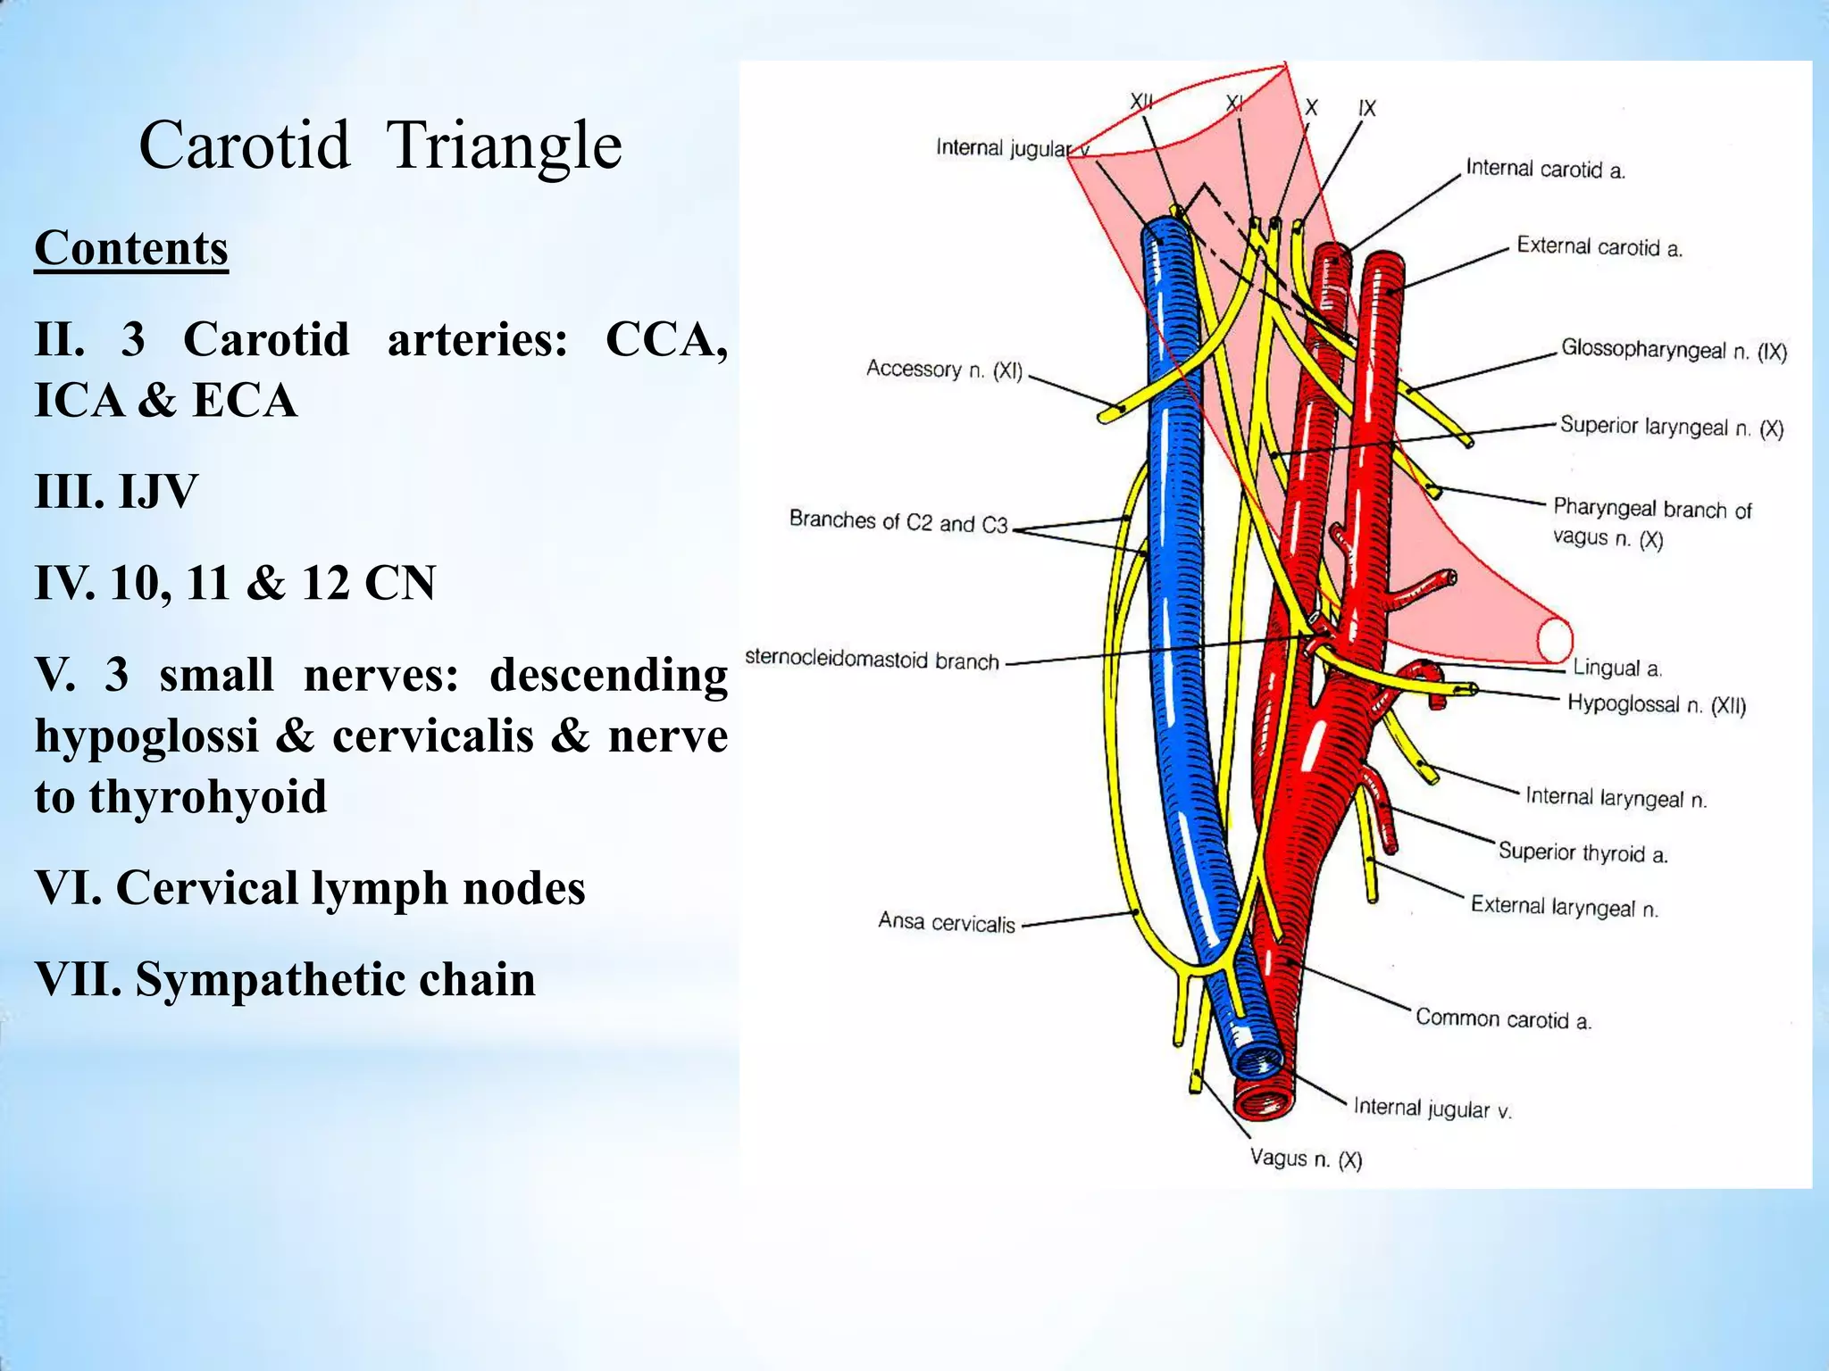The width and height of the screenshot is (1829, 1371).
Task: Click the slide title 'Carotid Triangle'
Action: (380, 145)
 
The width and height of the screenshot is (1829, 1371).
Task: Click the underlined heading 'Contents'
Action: (131, 248)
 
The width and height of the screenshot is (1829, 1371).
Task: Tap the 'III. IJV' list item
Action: (116, 491)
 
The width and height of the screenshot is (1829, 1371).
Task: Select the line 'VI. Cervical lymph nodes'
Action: (310, 888)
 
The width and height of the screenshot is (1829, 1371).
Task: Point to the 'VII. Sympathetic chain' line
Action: (285, 979)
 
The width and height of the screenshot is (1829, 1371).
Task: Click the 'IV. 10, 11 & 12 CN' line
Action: (235, 583)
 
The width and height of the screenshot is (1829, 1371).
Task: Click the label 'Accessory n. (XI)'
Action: (944, 370)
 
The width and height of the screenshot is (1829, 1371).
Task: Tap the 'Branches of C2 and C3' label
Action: (898, 521)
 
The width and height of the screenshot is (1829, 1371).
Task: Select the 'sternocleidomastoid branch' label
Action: (872, 661)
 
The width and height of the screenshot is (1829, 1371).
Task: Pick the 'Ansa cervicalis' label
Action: (947, 922)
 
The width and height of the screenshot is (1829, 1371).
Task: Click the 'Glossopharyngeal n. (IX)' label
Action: (1674, 350)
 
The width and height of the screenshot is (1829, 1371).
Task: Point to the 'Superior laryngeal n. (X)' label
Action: (1671, 427)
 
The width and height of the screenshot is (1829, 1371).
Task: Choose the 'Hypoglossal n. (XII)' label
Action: (1657, 704)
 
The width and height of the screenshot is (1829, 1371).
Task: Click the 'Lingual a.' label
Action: (1616, 668)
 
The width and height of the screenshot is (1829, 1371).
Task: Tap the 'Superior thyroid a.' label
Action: (1583, 852)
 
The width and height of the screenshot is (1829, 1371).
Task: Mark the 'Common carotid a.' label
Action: (1503, 1018)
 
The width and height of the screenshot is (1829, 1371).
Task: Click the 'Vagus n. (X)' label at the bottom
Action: (1306, 1159)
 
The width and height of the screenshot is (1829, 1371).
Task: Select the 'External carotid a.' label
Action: (1599, 247)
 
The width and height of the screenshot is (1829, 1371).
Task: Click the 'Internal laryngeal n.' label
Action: (1616, 797)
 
